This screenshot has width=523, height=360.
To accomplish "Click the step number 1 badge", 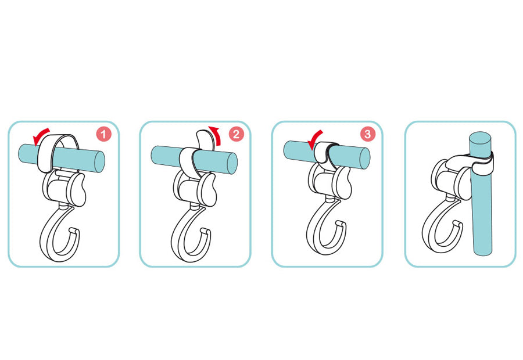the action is (103, 134).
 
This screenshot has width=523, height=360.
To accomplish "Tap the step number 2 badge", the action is (236, 134).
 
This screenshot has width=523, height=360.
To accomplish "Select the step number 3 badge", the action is (368, 134).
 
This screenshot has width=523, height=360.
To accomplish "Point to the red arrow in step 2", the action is (217, 135).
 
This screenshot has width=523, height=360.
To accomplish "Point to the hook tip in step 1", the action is (74, 230).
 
